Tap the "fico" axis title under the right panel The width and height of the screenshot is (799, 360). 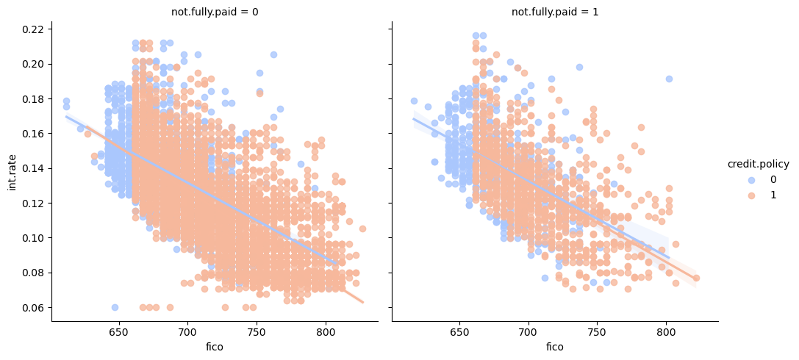point(555,346)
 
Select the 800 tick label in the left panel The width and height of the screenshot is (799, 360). point(326,332)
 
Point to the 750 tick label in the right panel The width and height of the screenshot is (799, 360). point(597,332)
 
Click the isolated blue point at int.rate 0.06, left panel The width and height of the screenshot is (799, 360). point(115,307)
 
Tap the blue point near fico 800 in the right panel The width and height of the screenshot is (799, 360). point(669,79)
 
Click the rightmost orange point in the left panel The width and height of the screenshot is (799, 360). point(362,228)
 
